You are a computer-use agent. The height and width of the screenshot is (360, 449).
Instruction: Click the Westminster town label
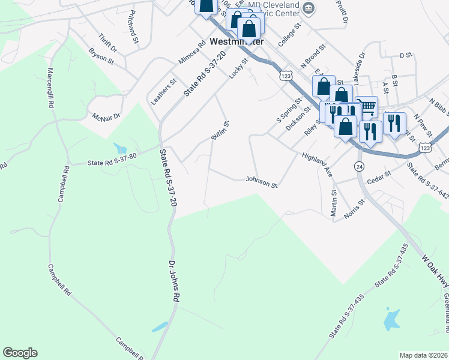[237, 42]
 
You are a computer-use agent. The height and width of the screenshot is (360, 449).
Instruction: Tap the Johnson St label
[261, 181]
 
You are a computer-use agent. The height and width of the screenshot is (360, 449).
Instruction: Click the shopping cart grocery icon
[367, 107]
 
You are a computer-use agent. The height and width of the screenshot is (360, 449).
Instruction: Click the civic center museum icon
[309, 8]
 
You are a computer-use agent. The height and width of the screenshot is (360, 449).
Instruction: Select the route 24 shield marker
[359, 166]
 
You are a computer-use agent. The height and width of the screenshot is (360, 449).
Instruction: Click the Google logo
[20, 353]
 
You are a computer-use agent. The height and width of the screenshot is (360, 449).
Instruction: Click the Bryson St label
[101, 56]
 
